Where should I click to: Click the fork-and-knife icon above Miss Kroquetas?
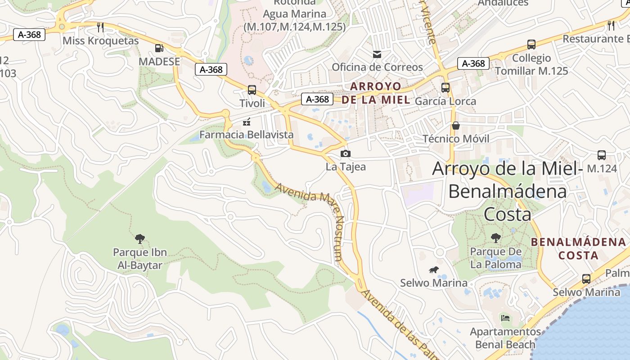pyautogui.click(x=100, y=27)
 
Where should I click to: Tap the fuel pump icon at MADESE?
pyautogui.click(x=159, y=48)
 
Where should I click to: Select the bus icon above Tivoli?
pyautogui.click(x=252, y=90)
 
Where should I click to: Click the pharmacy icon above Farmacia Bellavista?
pyautogui.click(x=246, y=121)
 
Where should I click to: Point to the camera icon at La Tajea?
pyautogui.click(x=345, y=153)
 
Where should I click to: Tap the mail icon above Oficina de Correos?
pyautogui.click(x=377, y=54)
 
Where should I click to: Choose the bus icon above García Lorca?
pyautogui.click(x=445, y=88)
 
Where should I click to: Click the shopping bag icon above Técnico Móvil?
pyautogui.click(x=456, y=125)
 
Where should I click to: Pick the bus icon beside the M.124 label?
pyautogui.click(x=602, y=155)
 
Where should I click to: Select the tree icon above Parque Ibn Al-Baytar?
pyautogui.click(x=140, y=238)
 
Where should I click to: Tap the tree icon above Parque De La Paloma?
pyautogui.click(x=495, y=238)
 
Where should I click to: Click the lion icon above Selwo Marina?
pyautogui.click(x=434, y=270)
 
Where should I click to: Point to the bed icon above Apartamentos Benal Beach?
pyautogui.click(x=505, y=318)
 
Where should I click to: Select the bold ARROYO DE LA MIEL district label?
pyautogui.click(x=376, y=93)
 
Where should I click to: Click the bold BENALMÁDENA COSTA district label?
pyautogui.click(x=579, y=248)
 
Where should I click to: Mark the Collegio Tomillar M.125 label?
pyautogui.click(x=531, y=64)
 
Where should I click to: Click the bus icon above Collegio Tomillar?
pyautogui.click(x=531, y=45)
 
